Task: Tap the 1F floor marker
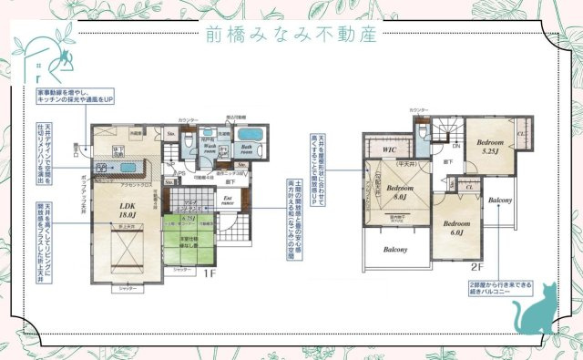(x=208, y=272)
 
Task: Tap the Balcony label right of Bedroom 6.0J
(x=498, y=199)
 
